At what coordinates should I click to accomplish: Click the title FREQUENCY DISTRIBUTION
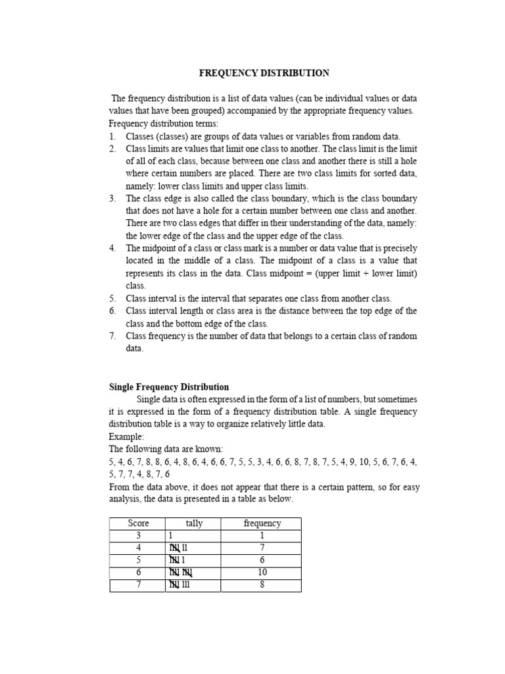point(264,73)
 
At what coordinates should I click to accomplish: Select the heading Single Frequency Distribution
point(169,387)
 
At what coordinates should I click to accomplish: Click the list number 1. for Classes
point(112,136)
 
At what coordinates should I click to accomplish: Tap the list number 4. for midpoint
point(112,248)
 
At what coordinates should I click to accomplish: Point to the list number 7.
point(112,336)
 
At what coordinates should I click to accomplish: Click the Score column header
point(138,523)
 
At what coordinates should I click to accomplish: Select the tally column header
point(194,523)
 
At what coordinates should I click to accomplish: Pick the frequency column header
point(262,523)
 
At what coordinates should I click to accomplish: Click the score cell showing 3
point(138,536)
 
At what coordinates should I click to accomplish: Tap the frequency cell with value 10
point(262,573)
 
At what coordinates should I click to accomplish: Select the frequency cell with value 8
point(262,585)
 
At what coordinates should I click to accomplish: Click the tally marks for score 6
point(180,573)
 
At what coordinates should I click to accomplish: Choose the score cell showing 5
point(138,560)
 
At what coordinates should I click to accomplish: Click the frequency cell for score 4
point(262,548)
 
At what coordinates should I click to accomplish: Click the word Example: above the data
point(126,436)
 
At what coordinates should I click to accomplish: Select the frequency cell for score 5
point(262,560)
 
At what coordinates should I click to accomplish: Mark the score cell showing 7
point(138,585)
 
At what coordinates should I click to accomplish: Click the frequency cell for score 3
point(262,536)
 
